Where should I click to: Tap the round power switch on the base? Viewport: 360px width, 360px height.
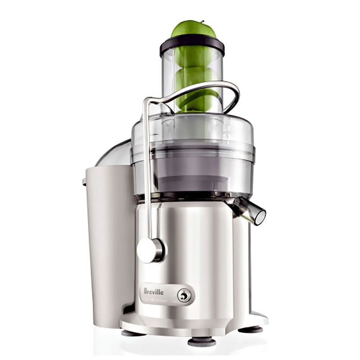tap(183, 295)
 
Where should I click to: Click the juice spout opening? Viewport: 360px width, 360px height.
tap(260, 216)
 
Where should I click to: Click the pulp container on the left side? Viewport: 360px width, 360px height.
tap(106, 243)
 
